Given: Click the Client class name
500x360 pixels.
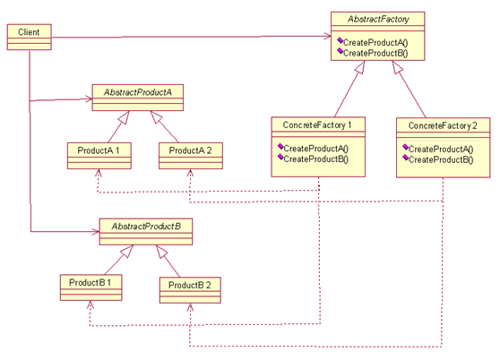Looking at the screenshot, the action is coord(29,32).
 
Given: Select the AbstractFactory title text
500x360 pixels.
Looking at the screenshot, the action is coord(378,20).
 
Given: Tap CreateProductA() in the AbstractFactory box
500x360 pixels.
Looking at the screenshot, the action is coord(375,42).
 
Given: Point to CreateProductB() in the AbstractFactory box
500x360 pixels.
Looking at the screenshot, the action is coord(375,53).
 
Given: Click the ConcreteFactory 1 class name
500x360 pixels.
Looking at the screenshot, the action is coord(317,125).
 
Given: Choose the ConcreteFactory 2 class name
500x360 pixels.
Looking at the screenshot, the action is coord(443,126).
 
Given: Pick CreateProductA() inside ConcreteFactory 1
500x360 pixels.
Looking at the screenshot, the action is coord(315,149).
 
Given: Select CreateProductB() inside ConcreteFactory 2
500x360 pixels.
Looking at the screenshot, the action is coord(441,159).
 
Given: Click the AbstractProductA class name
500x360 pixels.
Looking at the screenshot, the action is coord(138,92).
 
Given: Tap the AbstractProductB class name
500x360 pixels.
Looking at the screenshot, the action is coord(146,227).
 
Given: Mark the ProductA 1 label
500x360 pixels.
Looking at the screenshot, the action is coord(99,150).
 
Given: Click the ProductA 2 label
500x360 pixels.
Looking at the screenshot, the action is coord(190,150).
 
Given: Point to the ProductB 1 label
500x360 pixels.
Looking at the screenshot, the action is coord(91,283).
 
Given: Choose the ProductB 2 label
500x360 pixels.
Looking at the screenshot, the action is coord(189,285).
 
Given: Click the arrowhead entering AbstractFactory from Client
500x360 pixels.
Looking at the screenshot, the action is coord(327,36).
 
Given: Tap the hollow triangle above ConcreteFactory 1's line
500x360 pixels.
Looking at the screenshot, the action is coord(360,67).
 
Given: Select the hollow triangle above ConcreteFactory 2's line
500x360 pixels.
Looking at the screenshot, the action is coord(397,67).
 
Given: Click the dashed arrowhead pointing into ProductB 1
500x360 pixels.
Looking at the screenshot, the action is coord(91,304).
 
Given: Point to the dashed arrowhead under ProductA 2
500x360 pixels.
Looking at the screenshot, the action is coord(190,173).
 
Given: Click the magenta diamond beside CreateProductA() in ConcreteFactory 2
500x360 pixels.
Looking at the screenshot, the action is coord(405,147).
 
